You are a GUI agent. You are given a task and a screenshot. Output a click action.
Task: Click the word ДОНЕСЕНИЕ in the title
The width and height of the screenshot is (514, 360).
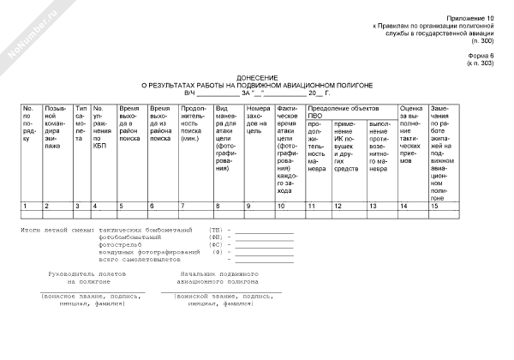(x=257, y=76)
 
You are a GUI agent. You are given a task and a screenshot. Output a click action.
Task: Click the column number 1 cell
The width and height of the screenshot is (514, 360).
(x=25, y=207)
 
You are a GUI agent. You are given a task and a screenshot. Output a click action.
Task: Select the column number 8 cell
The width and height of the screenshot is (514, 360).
(x=218, y=207)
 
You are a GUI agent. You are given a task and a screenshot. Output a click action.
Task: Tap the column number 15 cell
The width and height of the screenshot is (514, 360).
(x=435, y=207)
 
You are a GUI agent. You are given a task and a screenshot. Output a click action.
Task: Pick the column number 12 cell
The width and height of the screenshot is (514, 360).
(x=338, y=207)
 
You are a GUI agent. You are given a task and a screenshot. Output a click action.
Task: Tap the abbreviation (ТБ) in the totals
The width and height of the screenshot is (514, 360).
(x=216, y=231)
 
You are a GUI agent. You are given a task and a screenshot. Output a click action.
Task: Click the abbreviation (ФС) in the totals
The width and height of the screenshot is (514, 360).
(x=216, y=245)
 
